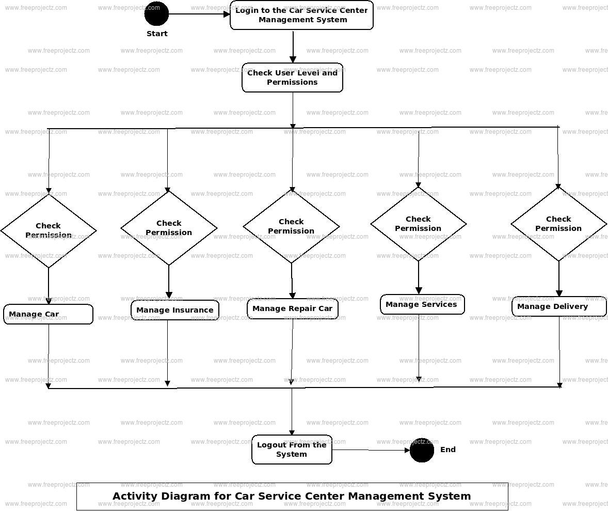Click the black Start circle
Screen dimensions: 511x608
(156, 13)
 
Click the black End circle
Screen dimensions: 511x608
(422, 450)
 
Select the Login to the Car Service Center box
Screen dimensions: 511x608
(301, 15)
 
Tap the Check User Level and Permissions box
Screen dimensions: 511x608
(292, 78)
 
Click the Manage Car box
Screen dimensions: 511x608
(48, 314)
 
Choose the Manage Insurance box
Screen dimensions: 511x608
(174, 310)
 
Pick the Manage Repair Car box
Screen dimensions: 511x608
(292, 309)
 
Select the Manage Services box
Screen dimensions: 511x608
(422, 304)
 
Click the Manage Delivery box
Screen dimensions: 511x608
(558, 306)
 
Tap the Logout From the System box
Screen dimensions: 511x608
(292, 450)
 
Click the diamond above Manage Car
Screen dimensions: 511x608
(49, 230)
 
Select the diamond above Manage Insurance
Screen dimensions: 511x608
(169, 228)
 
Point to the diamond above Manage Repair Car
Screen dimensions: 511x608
(291, 226)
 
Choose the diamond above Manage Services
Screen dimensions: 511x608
(418, 224)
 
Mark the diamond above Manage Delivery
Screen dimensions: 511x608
(558, 224)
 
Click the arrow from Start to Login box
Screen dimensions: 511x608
(199, 14)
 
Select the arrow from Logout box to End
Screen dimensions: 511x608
(371, 450)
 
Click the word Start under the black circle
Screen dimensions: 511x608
(157, 34)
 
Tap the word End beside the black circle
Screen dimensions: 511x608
(447, 450)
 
